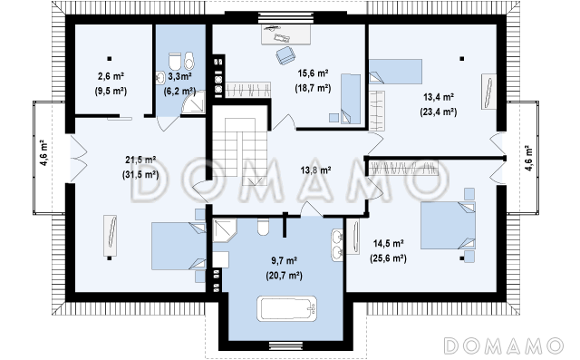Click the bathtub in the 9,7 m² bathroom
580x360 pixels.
287,308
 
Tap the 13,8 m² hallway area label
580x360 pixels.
315,170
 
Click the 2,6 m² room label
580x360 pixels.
111,76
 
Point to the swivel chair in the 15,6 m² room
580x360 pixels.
285,56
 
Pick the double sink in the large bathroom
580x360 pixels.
337,245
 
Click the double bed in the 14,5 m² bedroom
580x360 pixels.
448,225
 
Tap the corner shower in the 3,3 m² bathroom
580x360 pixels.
193,101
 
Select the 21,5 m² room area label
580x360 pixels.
140,160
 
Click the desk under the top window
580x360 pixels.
285,34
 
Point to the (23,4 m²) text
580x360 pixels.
439,112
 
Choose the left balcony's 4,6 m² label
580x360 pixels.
43,152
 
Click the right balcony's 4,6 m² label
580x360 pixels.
529,158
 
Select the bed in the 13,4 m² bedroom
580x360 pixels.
395,72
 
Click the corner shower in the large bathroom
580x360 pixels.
224,229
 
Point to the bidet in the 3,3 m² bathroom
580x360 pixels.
189,61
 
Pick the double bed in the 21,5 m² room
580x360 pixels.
179,246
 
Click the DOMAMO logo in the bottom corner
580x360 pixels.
504,345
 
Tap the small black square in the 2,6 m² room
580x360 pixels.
109,58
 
